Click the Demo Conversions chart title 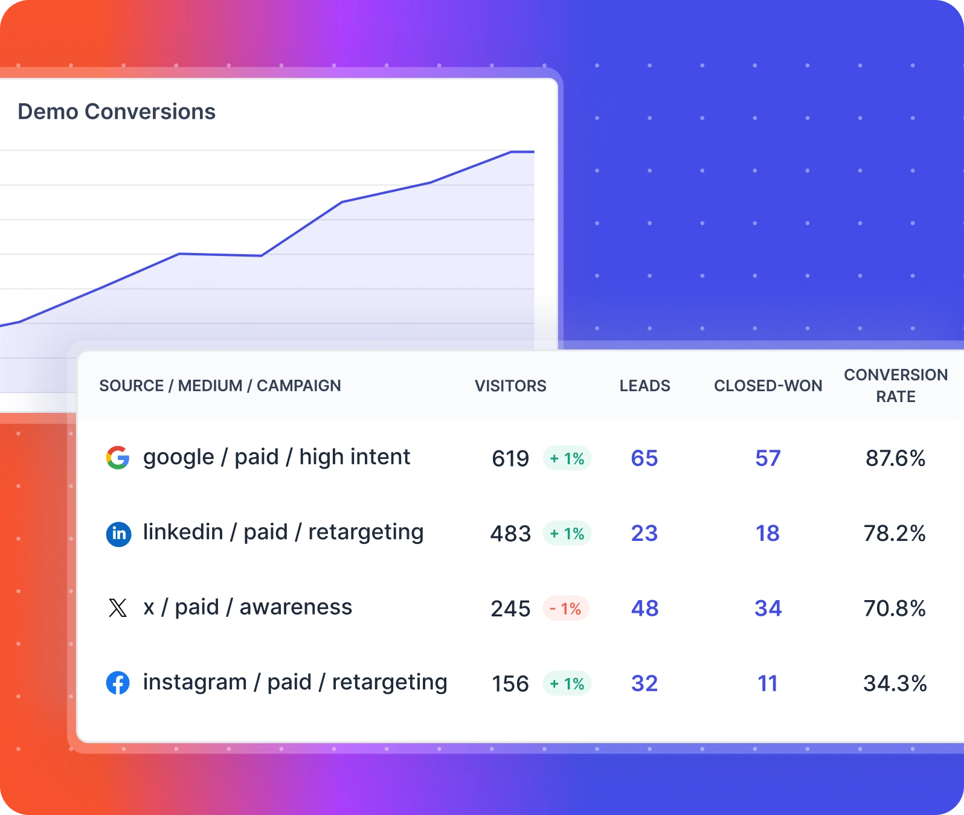coord(117,112)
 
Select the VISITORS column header coord(510,386)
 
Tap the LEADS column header coord(644,386)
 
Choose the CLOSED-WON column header coord(768,386)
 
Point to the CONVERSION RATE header coord(895,386)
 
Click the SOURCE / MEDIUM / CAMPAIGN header coord(220,386)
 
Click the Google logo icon coord(118,458)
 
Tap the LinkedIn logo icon coord(118,534)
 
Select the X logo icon coord(118,608)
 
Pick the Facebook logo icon coord(118,683)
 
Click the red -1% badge coord(566,609)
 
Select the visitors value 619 coord(510,459)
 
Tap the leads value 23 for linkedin coord(644,534)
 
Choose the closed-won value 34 coord(768,609)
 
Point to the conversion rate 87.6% coord(895,459)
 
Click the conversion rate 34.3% coord(895,683)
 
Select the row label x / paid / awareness coord(248,607)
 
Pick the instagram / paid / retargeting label coord(295,682)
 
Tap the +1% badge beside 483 coord(567,534)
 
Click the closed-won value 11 coord(768,683)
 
